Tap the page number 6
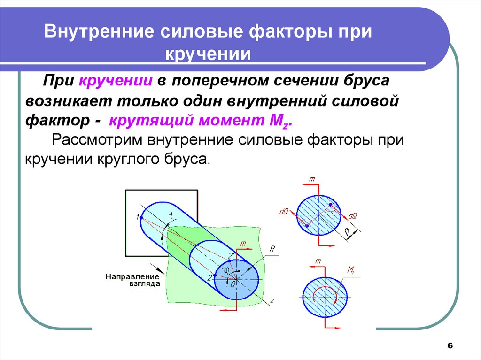click(x=450, y=346)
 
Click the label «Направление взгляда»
click(x=132, y=280)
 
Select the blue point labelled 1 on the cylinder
click(x=141, y=217)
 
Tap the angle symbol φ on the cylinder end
click(x=225, y=270)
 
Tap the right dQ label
click(x=353, y=216)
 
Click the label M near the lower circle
click(x=350, y=270)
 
